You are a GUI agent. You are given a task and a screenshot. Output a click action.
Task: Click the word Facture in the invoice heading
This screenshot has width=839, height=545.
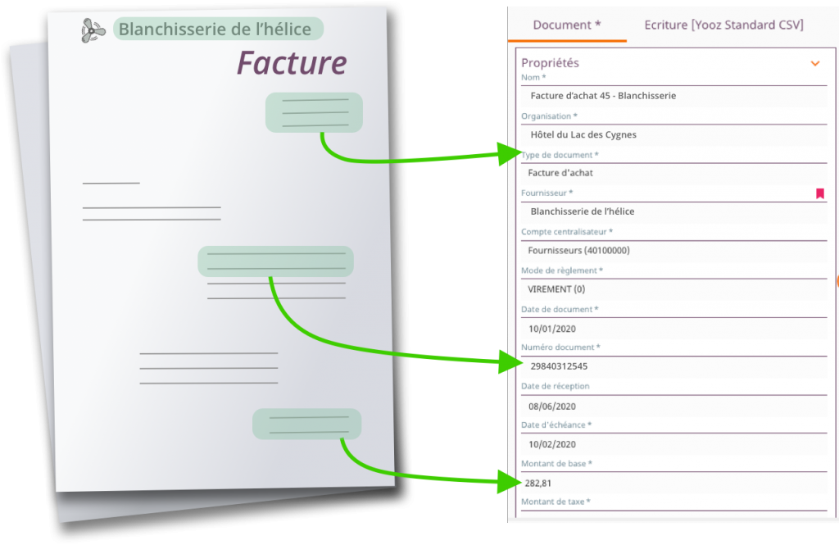(292, 62)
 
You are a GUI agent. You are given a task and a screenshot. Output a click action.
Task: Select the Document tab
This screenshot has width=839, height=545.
(567, 25)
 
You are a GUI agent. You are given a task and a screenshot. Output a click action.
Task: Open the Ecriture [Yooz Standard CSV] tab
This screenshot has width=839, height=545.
(723, 25)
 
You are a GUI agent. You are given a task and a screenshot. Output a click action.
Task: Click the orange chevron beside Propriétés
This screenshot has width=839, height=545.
(815, 63)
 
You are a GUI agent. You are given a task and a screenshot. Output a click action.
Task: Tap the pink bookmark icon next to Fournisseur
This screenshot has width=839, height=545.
(819, 193)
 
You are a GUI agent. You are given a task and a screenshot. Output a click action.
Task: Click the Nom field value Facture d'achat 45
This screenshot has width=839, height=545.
(603, 96)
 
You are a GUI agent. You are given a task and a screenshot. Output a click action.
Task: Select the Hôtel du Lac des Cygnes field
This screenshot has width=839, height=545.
(583, 134)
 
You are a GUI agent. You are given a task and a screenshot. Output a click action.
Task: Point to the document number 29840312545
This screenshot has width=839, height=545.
(559, 366)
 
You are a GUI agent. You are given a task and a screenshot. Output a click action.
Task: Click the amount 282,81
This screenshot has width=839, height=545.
(537, 483)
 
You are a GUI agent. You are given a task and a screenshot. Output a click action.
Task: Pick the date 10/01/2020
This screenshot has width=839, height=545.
(551, 329)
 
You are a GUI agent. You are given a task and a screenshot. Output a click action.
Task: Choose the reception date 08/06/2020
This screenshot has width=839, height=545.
(551, 406)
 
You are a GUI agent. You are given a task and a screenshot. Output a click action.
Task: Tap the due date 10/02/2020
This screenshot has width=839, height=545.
(551, 444)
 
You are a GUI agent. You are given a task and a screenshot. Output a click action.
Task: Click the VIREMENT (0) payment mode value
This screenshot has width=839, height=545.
(556, 289)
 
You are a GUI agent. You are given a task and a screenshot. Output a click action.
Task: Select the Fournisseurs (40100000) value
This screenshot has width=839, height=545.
(578, 250)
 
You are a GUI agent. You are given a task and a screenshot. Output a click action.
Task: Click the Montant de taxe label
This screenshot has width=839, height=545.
(556, 502)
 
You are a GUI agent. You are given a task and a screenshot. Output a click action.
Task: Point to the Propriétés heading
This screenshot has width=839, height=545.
(550, 62)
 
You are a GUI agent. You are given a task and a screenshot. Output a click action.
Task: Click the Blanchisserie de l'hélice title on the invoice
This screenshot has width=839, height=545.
(215, 29)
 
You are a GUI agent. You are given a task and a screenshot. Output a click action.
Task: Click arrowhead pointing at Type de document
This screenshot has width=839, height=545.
(508, 154)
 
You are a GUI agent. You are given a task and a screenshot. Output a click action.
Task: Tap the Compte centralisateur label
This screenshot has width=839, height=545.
(567, 232)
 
